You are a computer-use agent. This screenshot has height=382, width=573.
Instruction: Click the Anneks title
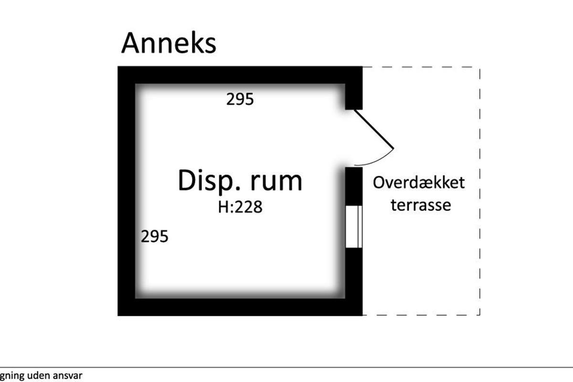(x=169, y=43)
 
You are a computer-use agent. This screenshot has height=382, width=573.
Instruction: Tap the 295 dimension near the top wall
(x=240, y=100)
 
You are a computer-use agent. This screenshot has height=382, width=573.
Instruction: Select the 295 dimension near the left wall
(x=155, y=236)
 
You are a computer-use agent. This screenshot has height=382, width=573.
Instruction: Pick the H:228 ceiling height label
(x=240, y=208)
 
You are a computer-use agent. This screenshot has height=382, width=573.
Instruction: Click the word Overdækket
(x=419, y=183)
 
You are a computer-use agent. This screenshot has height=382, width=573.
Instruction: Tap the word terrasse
(x=421, y=205)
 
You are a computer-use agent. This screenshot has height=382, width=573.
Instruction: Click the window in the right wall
(x=354, y=226)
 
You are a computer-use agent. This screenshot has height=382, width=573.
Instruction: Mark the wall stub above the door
(x=354, y=95)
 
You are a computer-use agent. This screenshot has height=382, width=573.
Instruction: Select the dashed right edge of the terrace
(x=479, y=191)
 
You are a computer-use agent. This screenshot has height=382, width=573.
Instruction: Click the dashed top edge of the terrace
(x=420, y=67)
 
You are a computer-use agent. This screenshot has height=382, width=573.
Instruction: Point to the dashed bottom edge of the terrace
(x=420, y=315)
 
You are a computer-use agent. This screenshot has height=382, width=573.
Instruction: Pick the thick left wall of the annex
(x=127, y=191)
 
